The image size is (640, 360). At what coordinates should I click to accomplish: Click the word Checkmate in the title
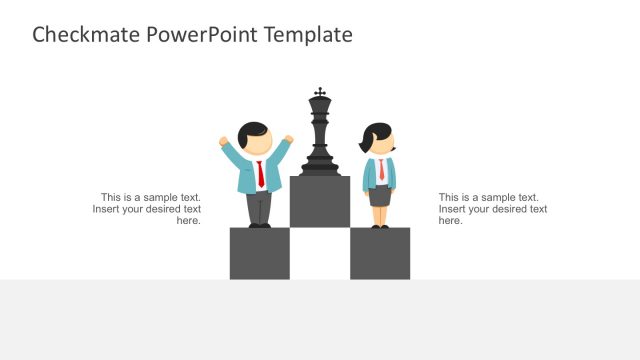pos(86,35)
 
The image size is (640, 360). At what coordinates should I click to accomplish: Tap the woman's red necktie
pos(380,171)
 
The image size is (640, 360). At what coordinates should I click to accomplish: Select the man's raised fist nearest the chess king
pos(289,139)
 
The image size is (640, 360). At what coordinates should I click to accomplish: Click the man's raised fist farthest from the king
pos(224,142)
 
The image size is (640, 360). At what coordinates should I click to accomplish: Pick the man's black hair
pos(255,131)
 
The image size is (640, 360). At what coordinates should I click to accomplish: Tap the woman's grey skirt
pos(380,196)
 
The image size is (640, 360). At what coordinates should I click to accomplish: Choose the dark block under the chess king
pos(320,202)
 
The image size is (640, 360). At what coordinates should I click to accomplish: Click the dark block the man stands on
pos(260,253)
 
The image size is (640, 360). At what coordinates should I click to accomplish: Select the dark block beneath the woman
pos(380,253)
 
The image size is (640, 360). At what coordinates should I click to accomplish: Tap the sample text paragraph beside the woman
pos(492,209)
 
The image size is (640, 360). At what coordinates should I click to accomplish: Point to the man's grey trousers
pos(259,207)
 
